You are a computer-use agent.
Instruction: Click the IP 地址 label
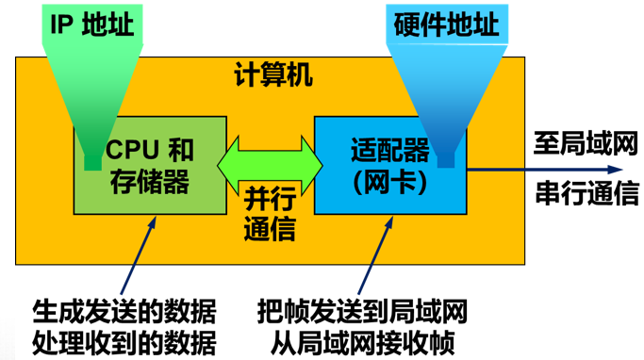click(x=91, y=23)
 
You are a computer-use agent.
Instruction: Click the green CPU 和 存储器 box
click(x=151, y=193)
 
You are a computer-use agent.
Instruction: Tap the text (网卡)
click(x=389, y=182)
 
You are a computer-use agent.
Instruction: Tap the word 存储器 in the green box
click(x=150, y=182)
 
